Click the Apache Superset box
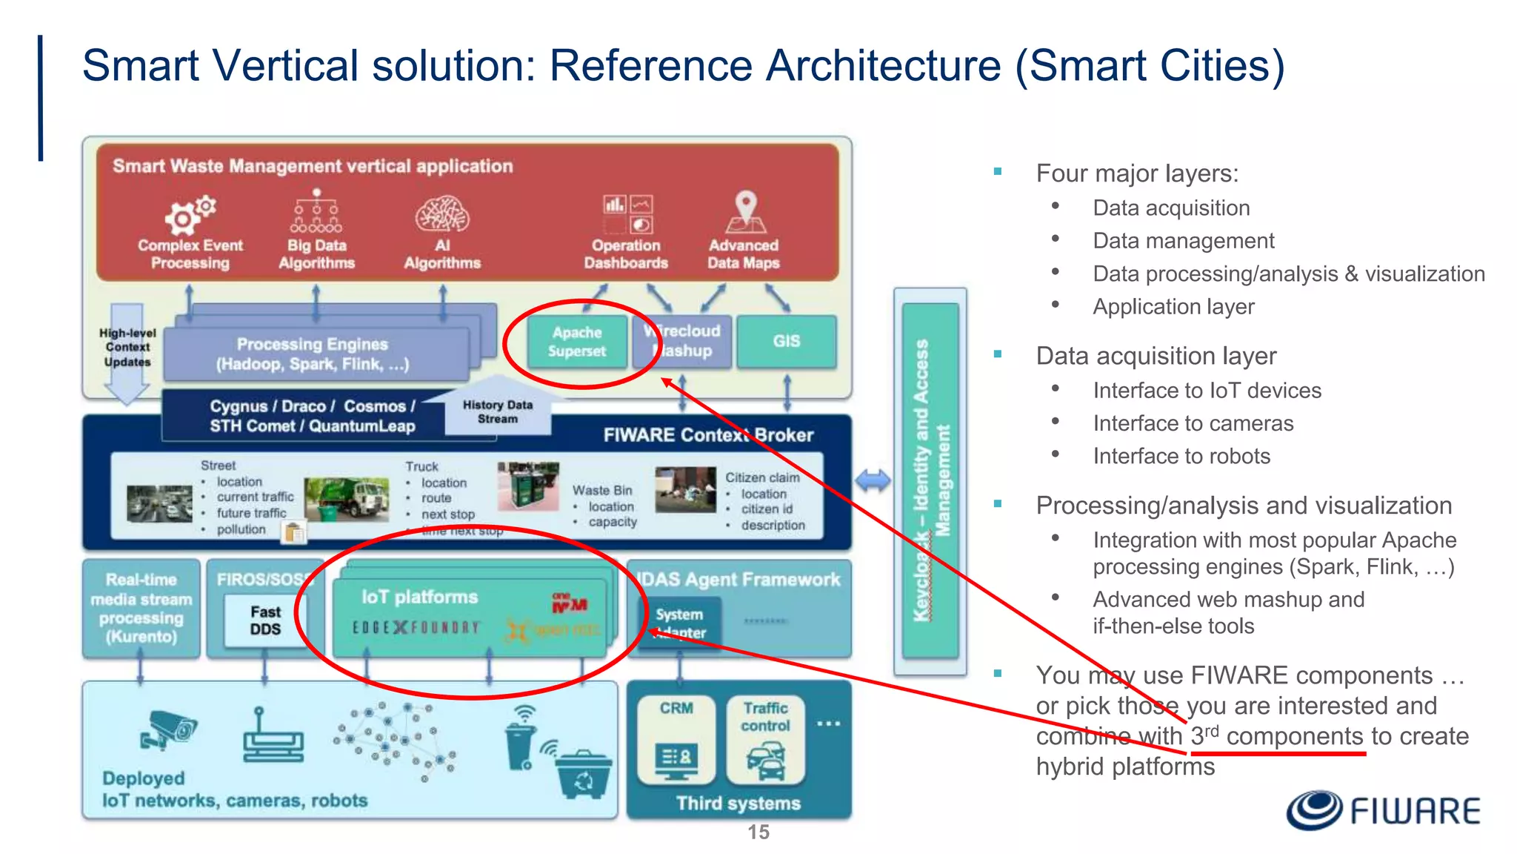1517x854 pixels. tap(577, 342)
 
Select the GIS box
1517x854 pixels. tap(787, 341)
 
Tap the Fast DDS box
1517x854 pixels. tap(265, 620)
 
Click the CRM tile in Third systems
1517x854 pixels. tap(676, 739)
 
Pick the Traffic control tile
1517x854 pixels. tap(766, 739)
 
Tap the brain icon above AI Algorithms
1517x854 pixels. tap(442, 214)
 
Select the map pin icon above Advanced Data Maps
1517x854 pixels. tap(745, 211)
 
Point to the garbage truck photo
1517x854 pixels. tap(347, 497)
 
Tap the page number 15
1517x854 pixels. tap(758, 833)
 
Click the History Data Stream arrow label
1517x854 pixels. tap(498, 412)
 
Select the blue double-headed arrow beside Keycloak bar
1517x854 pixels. tap(873, 481)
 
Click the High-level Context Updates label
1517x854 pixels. tap(127, 347)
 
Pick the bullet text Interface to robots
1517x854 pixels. tap(1181, 456)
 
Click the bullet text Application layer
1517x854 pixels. tap(1173, 306)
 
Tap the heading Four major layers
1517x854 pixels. tap(1137, 173)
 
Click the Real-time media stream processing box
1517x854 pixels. tap(141, 608)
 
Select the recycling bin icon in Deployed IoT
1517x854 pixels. tap(583, 774)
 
